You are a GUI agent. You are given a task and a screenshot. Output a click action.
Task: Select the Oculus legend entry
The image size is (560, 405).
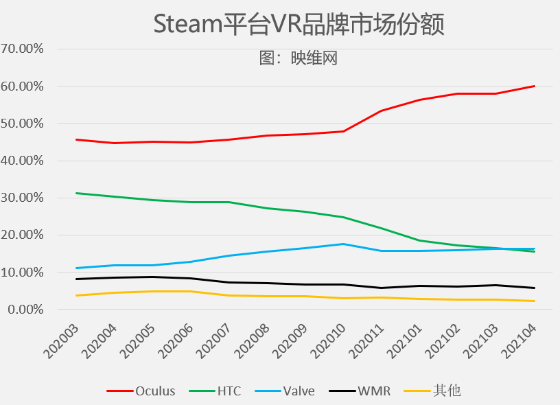tap(141, 391)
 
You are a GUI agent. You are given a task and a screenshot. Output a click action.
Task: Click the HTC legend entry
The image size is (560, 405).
tap(215, 391)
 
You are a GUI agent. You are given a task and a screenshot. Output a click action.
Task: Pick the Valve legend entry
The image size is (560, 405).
tap(285, 391)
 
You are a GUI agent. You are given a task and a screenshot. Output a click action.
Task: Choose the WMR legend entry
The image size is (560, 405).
tap(360, 391)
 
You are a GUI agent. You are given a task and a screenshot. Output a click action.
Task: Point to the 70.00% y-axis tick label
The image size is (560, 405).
tap(23, 49)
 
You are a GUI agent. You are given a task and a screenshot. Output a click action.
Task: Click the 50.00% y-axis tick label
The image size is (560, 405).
tap(23, 124)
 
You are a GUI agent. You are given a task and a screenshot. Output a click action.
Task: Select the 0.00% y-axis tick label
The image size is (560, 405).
tap(25, 310)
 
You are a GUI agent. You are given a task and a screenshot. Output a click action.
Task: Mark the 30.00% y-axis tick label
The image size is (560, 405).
tap(23, 198)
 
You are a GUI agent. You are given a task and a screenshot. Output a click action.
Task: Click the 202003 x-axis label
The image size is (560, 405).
tap(60, 341)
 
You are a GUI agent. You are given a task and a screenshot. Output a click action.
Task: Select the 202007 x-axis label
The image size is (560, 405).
tap(213, 341)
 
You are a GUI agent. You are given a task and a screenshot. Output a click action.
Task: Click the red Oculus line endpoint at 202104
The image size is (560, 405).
tap(534, 86)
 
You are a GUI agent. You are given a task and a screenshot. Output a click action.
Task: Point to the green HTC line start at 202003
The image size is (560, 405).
tap(76, 193)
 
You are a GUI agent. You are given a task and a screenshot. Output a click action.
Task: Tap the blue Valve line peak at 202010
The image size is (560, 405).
tap(343, 244)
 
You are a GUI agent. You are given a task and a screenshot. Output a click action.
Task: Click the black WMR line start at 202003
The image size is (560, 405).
tap(76, 279)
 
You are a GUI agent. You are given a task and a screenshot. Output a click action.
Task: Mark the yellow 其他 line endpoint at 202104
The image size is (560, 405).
tap(534, 301)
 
